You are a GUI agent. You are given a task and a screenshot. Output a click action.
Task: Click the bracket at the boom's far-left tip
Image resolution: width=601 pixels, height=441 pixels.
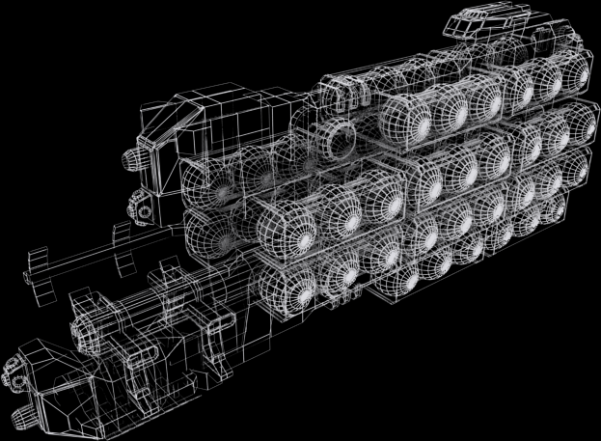pyautogui.click(x=38, y=269)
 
